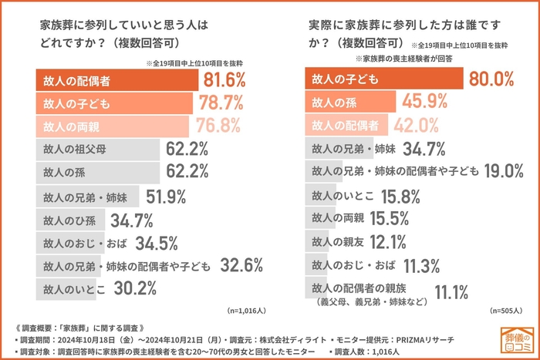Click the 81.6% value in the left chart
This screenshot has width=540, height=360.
(224, 79)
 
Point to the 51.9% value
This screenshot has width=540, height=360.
(165, 196)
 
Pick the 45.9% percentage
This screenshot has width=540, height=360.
(424, 101)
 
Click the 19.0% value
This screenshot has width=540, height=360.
(508, 171)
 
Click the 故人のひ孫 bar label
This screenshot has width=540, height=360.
(68, 220)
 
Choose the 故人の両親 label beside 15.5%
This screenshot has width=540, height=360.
(337, 219)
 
